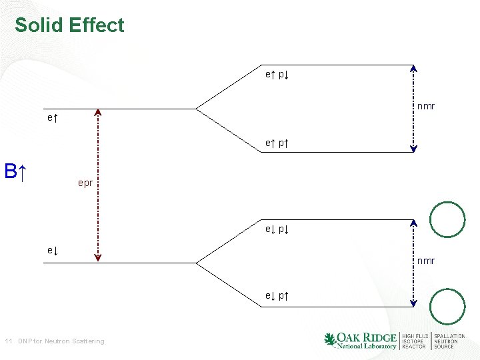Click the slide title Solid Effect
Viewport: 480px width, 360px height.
click(x=69, y=25)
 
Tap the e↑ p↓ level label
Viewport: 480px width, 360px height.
click(x=277, y=75)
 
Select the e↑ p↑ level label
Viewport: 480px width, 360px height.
click(x=277, y=143)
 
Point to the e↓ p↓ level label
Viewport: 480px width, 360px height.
click(x=277, y=229)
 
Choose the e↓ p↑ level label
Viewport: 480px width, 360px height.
click(x=277, y=295)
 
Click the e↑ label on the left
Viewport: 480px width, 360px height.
click(x=52, y=118)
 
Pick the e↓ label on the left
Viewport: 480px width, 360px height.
click(x=52, y=250)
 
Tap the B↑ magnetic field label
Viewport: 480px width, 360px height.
click(x=15, y=171)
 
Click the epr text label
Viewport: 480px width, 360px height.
click(x=85, y=182)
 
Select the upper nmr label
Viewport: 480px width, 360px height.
click(x=426, y=106)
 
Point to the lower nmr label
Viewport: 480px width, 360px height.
click(x=426, y=261)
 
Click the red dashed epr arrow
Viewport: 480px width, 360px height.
click(x=98, y=183)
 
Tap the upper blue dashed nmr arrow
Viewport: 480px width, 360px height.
click(x=414, y=109)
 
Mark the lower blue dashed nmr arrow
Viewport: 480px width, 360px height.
click(x=414, y=263)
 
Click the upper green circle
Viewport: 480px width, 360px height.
click(x=447, y=219)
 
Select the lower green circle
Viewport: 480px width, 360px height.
click(x=447, y=307)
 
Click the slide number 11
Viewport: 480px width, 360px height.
click(x=8, y=341)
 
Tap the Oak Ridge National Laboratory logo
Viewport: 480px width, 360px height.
click(x=360, y=340)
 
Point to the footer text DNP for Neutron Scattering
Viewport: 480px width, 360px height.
click(x=61, y=341)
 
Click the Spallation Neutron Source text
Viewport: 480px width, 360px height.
click(x=449, y=341)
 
